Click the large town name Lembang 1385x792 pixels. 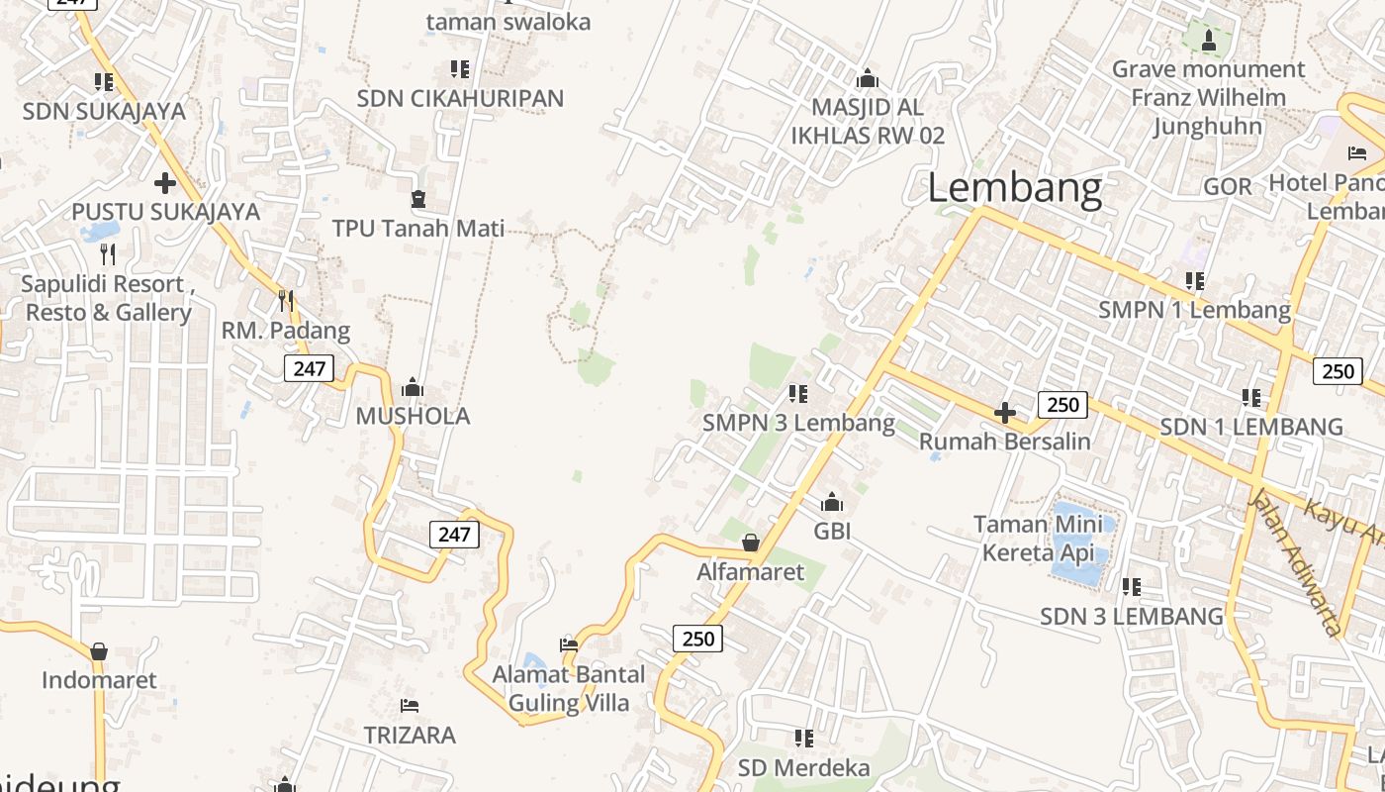coord(1014,188)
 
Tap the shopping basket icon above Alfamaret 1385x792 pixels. coord(751,543)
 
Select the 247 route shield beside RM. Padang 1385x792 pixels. coord(309,369)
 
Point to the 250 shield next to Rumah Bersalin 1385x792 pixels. coord(1062,404)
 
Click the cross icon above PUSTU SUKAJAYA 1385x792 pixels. coord(165,183)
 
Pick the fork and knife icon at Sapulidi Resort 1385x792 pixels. coord(108,254)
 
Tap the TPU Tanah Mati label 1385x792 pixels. coord(417,229)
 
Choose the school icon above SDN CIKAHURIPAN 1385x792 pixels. coord(460,69)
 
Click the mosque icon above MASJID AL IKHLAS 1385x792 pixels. coord(868,78)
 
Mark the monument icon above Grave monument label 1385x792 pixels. coord(1208,41)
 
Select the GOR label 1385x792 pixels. coord(1227,186)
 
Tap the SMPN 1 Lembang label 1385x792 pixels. coord(1194,310)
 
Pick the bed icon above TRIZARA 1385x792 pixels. coord(410,706)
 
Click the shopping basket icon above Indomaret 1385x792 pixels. coord(99,651)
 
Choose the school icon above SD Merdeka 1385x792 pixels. coord(804,739)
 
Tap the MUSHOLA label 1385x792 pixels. coord(413,416)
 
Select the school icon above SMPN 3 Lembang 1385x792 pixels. coord(798,394)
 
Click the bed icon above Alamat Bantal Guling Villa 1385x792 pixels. coord(569,644)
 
